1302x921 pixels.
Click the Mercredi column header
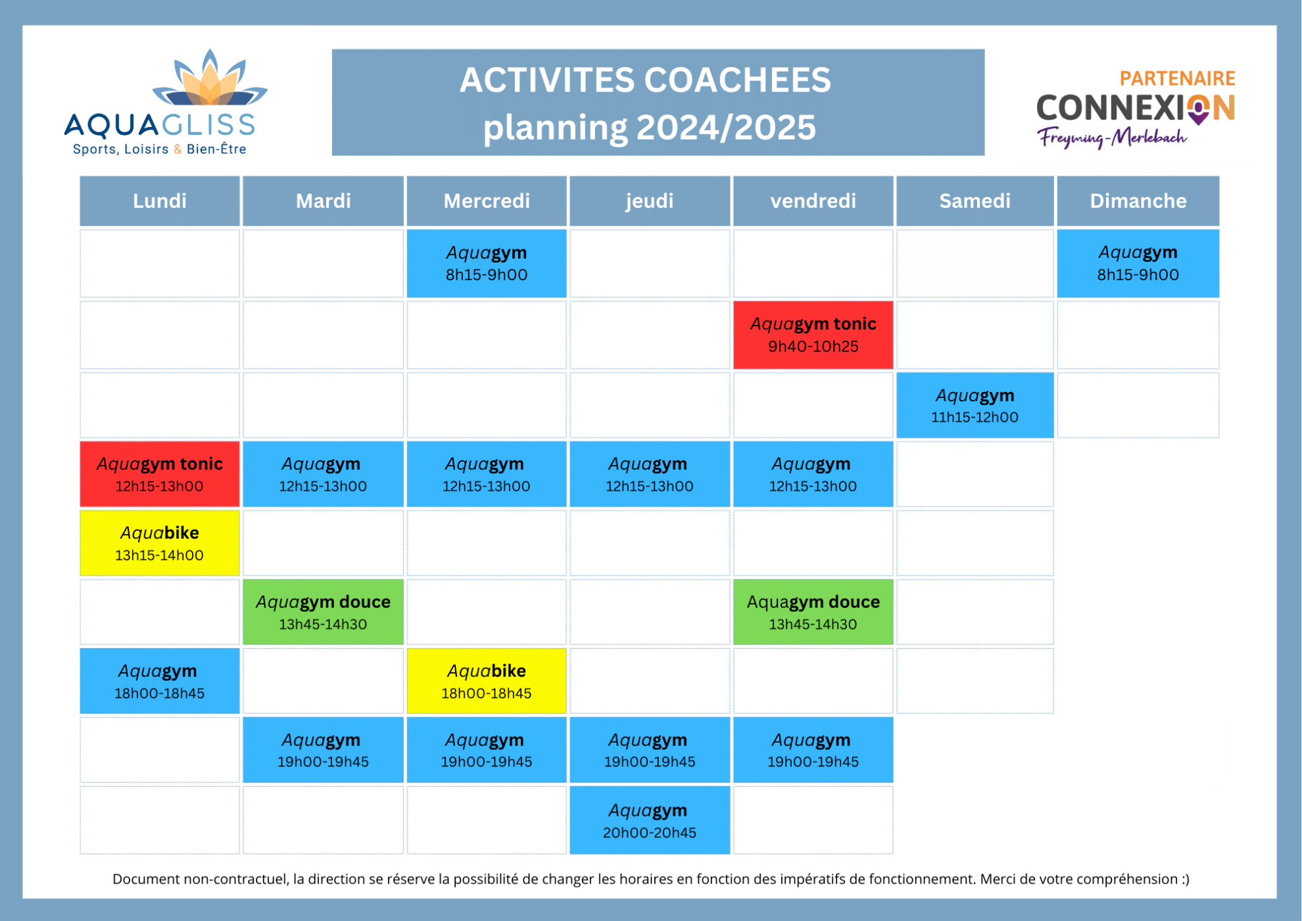487,201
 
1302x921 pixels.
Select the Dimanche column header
1138,201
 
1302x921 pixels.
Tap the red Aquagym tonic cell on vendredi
813,335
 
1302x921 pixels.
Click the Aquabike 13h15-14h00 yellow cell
159,543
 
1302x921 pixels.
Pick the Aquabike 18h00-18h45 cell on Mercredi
487,681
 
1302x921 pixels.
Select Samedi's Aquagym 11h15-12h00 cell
975,405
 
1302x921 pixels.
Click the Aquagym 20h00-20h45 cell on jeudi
649,820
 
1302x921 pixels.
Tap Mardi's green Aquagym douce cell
323,612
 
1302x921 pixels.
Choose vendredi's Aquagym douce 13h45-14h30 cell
813,612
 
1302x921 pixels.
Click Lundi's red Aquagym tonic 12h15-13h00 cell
159,474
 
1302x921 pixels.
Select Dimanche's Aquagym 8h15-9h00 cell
1138,263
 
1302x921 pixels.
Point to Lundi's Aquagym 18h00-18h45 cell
159,681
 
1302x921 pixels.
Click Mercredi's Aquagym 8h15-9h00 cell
487,263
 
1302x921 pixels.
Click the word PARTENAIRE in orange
1177,78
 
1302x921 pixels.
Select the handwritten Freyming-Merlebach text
1111,137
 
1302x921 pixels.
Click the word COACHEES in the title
737,80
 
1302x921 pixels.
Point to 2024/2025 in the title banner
726,127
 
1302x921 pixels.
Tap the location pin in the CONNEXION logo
1199,109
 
